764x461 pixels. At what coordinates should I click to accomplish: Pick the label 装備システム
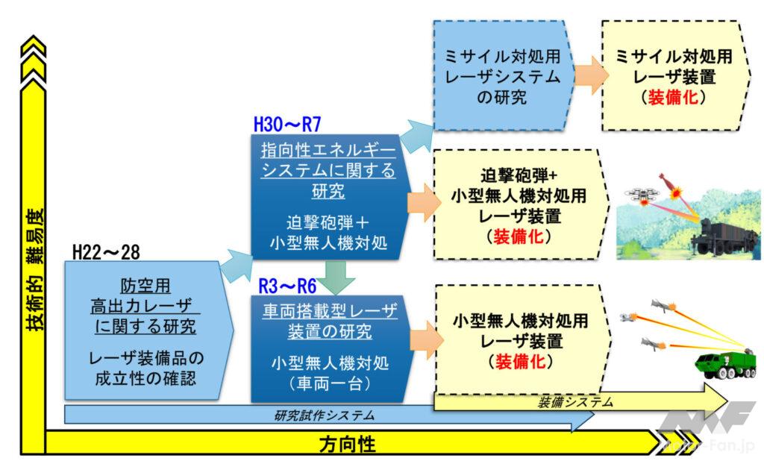[x=574, y=402]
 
